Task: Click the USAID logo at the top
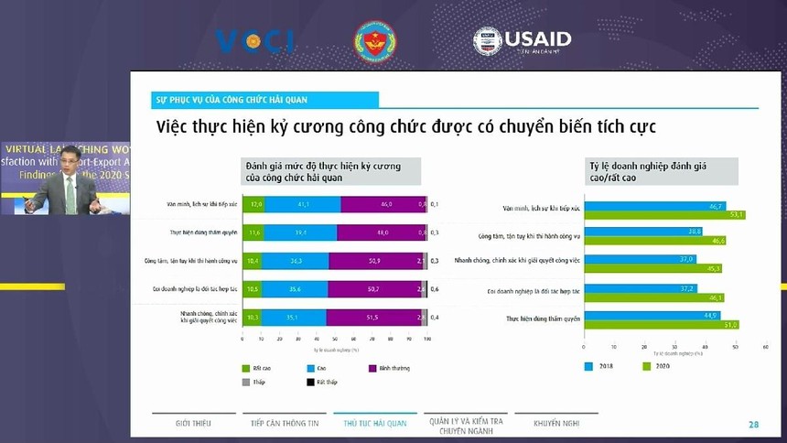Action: click(x=522, y=40)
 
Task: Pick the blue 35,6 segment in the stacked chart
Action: click(x=296, y=289)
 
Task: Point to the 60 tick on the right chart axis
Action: click(x=764, y=347)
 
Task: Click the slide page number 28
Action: click(x=753, y=424)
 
